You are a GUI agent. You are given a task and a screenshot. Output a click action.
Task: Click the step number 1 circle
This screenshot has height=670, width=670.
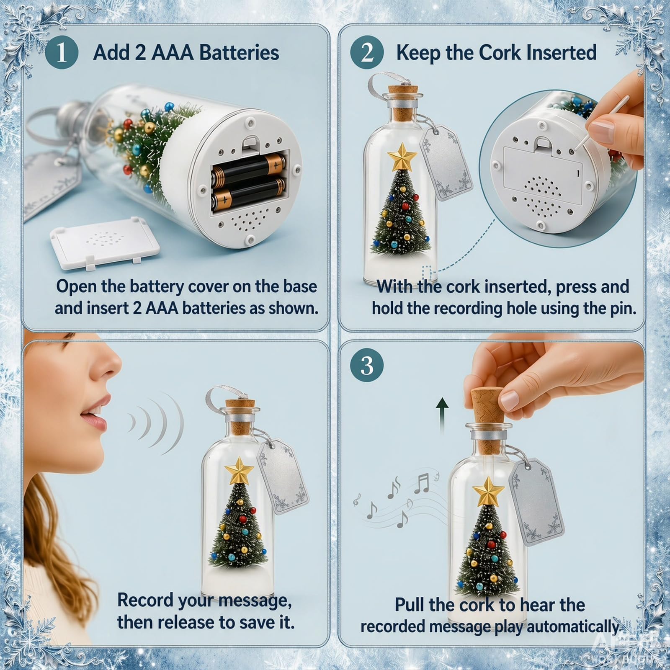(62, 53)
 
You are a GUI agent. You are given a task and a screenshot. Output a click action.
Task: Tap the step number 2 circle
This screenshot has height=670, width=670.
(367, 53)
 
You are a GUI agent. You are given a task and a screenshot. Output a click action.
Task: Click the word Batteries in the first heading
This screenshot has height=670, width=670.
(239, 53)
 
